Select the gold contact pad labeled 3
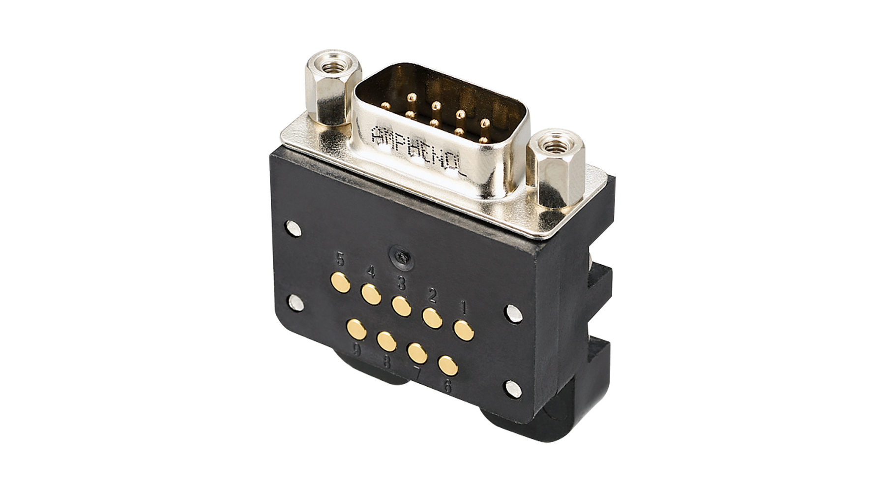pos(402,306)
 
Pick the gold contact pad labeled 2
pos(432,318)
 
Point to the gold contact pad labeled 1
pos(463,330)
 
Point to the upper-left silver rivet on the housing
pos(294,228)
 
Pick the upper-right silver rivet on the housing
pos(512,313)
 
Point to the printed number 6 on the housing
pos(447,386)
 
